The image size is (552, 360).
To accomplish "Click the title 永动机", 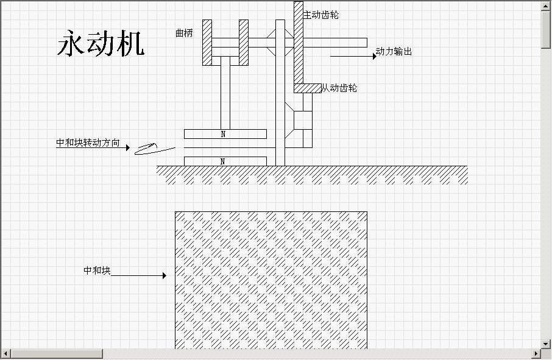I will click(x=101, y=44).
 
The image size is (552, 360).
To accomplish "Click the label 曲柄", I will click(x=183, y=34).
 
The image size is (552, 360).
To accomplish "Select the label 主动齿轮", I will click(x=321, y=15).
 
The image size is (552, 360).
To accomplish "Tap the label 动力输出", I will click(x=394, y=52).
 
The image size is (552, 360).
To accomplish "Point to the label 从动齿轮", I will click(x=339, y=88).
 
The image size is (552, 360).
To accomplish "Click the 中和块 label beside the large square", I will click(x=97, y=270).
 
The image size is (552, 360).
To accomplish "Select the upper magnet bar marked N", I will click(x=225, y=133).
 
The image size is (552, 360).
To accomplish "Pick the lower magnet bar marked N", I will click(x=225, y=161).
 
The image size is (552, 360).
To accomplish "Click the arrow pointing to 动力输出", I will click(x=354, y=56).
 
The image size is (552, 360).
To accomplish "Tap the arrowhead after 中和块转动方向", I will click(x=127, y=147).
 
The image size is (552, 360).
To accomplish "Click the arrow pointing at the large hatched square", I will click(x=138, y=275).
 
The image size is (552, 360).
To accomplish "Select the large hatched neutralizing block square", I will click(x=271, y=280).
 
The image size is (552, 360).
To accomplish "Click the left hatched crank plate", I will click(x=207, y=42).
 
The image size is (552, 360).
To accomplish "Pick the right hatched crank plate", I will click(x=244, y=42).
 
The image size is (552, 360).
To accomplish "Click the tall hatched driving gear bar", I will click(x=299, y=43).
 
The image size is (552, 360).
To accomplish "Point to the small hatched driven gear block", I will click(x=308, y=88).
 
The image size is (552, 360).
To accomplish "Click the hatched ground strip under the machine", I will click(x=312, y=175).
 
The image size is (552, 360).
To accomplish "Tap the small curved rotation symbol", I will click(x=146, y=148).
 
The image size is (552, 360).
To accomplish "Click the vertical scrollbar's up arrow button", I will click(x=546, y=5).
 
